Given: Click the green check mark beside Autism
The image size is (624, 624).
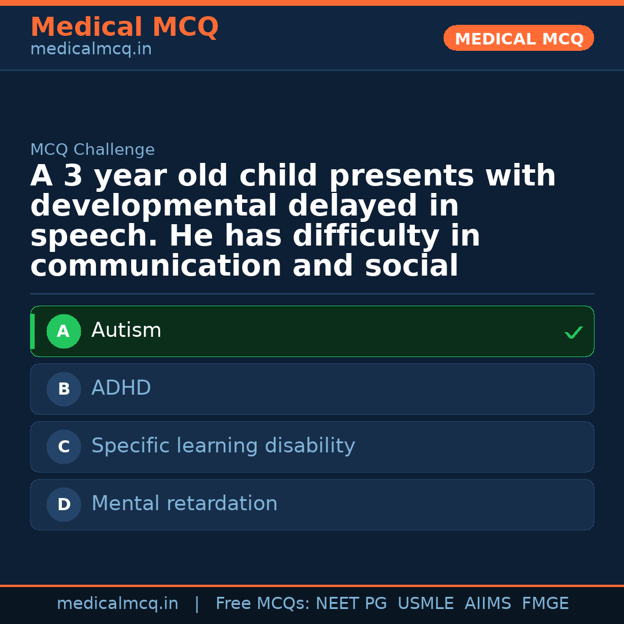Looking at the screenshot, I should [x=573, y=332].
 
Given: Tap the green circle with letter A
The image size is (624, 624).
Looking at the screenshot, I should [x=64, y=332].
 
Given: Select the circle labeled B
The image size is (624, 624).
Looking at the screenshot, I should [x=64, y=389].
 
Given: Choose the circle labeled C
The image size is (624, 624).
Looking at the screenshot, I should [x=64, y=447].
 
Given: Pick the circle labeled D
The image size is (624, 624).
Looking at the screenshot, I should [x=64, y=505].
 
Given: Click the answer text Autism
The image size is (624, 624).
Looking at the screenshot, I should [x=126, y=330].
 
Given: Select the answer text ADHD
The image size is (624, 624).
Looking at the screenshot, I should [x=121, y=388].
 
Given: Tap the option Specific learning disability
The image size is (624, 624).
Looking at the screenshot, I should [x=223, y=446].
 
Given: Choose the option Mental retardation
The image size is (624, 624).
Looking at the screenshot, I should [x=184, y=504].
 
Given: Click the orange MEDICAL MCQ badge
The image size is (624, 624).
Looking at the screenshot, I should [x=518, y=39].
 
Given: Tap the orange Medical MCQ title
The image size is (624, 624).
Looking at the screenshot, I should [x=124, y=27].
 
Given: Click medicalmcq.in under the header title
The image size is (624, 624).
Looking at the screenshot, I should [x=91, y=50].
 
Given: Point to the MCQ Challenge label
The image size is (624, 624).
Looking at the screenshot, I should [x=92, y=150].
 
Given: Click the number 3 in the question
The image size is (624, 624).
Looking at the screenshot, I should [x=73, y=176].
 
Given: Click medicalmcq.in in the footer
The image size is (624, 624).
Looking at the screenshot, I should [x=117, y=604].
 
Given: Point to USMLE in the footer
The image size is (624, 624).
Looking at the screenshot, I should [x=425, y=604].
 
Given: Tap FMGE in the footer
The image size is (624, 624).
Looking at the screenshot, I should [x=545, y=604].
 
